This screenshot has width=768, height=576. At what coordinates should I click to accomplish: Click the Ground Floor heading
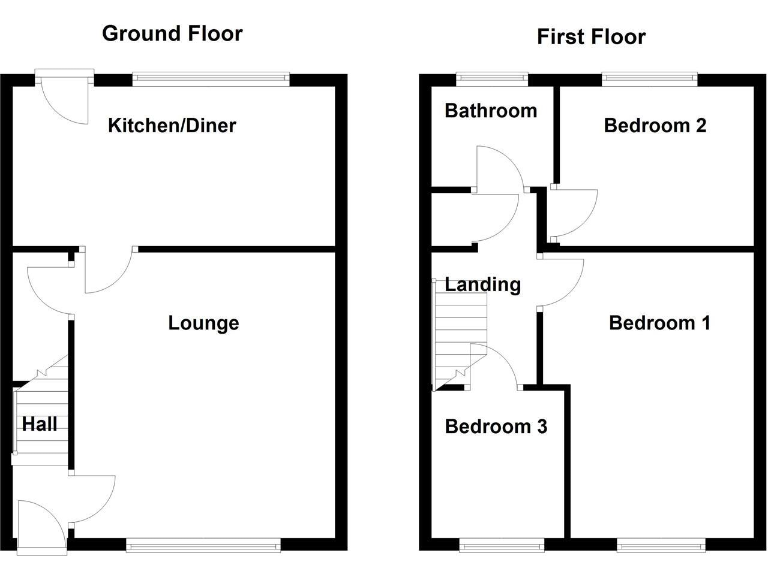coord(172,33)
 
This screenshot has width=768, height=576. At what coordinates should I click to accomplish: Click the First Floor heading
coord(591,37)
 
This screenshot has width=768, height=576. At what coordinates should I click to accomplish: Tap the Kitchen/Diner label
coord(172,126)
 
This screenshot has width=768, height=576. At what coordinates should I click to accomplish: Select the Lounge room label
coord(203,323)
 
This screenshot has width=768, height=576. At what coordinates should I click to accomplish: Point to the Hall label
coord(40,424)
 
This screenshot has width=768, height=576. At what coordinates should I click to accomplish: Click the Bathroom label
coord(491,110)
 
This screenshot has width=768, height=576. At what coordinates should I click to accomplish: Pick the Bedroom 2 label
coord(655,126)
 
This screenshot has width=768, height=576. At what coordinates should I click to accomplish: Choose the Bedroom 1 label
coord(659,323)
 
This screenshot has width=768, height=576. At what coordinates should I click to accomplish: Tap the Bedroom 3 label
coord(496,427)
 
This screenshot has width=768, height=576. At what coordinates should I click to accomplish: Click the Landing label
coord(483,285)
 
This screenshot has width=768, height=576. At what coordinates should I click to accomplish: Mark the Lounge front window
coord(203,544)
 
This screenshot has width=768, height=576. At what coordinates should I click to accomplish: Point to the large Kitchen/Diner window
coord(211,77)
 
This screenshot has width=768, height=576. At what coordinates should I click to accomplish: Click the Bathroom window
coord(493,77)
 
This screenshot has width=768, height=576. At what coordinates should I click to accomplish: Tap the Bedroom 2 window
coord(650,77)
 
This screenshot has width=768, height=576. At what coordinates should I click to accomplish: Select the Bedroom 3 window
coord(502,544)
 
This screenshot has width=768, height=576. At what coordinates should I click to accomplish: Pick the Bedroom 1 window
coord(662,544)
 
